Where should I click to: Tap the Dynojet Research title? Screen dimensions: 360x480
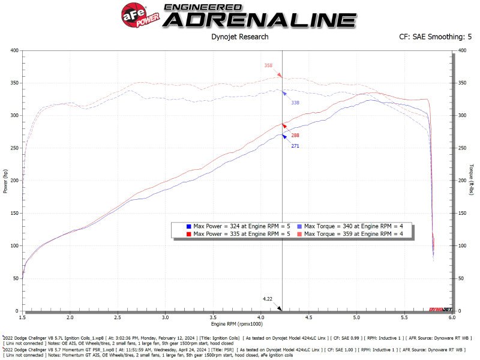point(240,37)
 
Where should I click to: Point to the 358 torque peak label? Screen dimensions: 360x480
point(268,65)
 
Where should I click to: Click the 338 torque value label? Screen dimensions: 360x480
point(295,103)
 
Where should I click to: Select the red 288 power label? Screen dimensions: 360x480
point(295,136)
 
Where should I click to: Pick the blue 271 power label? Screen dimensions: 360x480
point(295,146)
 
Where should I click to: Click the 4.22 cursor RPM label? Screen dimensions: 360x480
point(268,298)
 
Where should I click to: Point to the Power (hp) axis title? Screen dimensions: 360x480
point(5,180)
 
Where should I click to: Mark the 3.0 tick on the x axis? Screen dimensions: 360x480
point(166,317)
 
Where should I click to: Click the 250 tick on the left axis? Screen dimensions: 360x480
point(14,148)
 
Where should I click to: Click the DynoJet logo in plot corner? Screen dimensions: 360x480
point(440,309)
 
